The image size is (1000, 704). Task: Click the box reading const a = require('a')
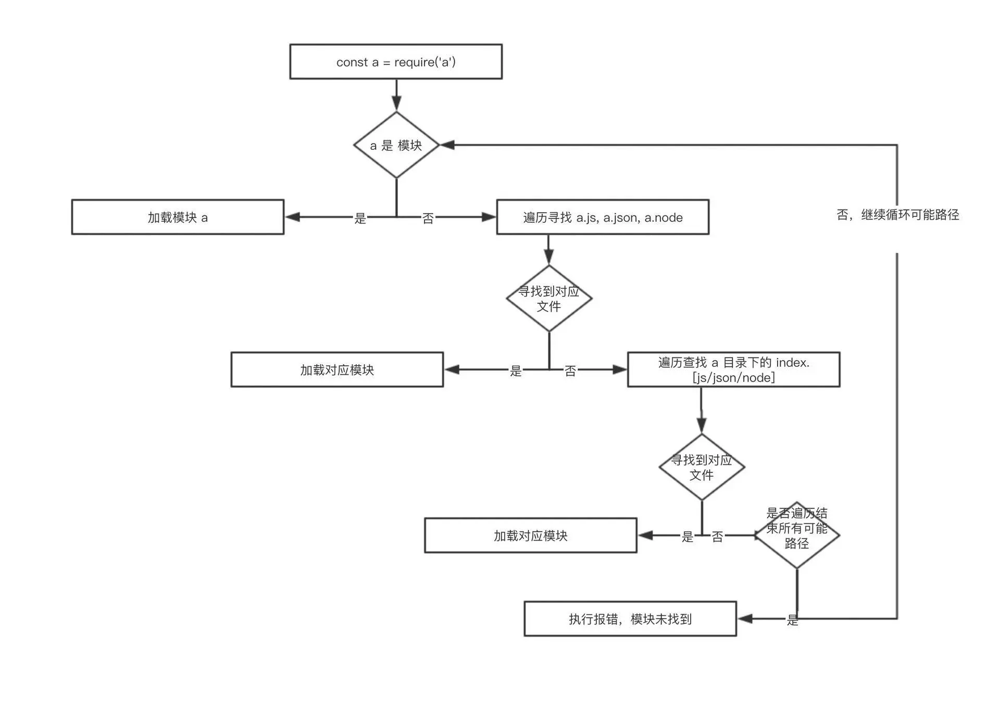click(x=396, y=61)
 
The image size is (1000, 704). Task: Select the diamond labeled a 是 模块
click(x=396, y=145)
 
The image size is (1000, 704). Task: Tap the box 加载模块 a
click(x=178, y=217)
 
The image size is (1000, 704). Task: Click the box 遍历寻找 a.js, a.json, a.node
click(x=603, y=217)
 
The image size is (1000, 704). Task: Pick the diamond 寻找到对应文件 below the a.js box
click(x=549, y=298)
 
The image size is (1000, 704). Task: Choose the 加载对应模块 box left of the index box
click(x=337, y=369)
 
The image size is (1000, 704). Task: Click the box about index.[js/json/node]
click(x=733, y=369)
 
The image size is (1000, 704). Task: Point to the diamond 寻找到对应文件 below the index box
click(x=702, y=467)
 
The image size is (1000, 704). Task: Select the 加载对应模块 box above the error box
click(x=531, y=535)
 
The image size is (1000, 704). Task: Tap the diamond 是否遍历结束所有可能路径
click(x=797, y=535)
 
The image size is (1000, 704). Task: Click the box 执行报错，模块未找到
click(x=630, y=619)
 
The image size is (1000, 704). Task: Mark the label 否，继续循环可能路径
click(x=897, y=214)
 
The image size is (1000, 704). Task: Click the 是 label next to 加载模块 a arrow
click(x=360, y=218)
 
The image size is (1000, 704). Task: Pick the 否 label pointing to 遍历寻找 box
click(x=428, y=218)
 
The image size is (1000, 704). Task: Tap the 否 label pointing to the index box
click(x=570, y=370)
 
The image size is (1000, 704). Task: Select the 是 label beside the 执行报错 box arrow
click(x=792, y=620)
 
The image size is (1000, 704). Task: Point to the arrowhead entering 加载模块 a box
click(x=292, y=217)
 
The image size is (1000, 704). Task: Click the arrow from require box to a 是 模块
click(x=396, y=95)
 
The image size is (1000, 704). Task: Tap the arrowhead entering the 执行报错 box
click(x=745, y=619)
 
